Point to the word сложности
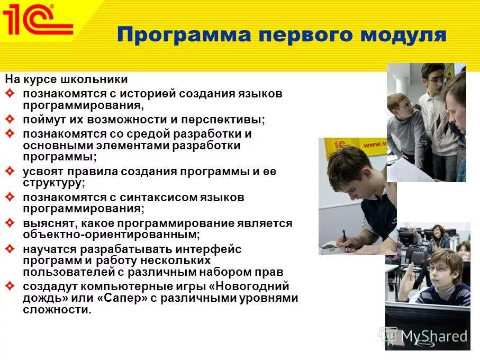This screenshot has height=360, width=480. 57,310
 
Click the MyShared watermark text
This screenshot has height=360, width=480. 434,336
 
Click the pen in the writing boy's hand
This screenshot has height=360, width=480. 344,237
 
